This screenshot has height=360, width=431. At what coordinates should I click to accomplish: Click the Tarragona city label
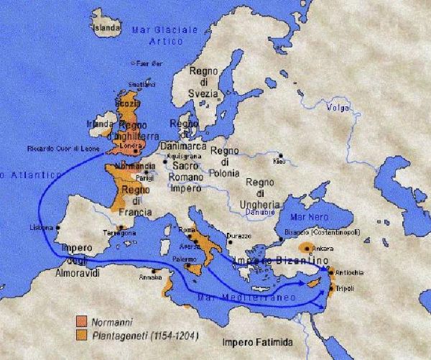(x=119, y=234)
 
